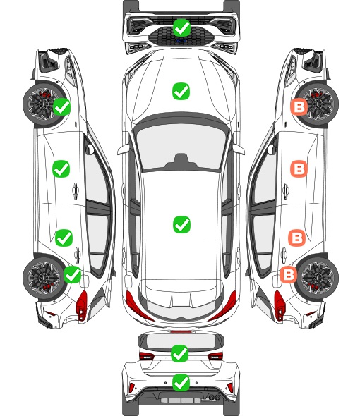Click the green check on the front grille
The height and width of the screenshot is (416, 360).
[181, 27]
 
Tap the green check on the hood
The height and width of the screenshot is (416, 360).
[181, 91]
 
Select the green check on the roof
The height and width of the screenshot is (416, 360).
[181, 224]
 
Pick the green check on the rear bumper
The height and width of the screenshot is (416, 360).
[181, 382]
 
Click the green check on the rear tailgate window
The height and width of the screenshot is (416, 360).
[180, 353]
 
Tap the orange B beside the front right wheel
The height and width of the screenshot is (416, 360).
[299, 107]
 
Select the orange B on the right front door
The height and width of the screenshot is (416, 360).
[299, 169]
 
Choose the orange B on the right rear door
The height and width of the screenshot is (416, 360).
[296, 238]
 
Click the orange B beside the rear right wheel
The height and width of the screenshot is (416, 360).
[289, 274]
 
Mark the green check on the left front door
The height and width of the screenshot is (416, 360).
[61, 169]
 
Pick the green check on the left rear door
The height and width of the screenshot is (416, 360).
[64, 238]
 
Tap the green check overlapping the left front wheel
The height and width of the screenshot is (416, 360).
[62, 106]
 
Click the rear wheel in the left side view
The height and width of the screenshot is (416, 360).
[44, 278]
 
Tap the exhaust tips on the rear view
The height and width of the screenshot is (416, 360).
[215, 397]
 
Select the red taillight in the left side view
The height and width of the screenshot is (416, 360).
[82, 305]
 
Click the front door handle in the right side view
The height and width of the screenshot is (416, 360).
[286, 190]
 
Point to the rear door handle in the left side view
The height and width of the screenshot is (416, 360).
[78, 255]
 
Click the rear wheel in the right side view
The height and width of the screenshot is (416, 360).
[317, 278]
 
